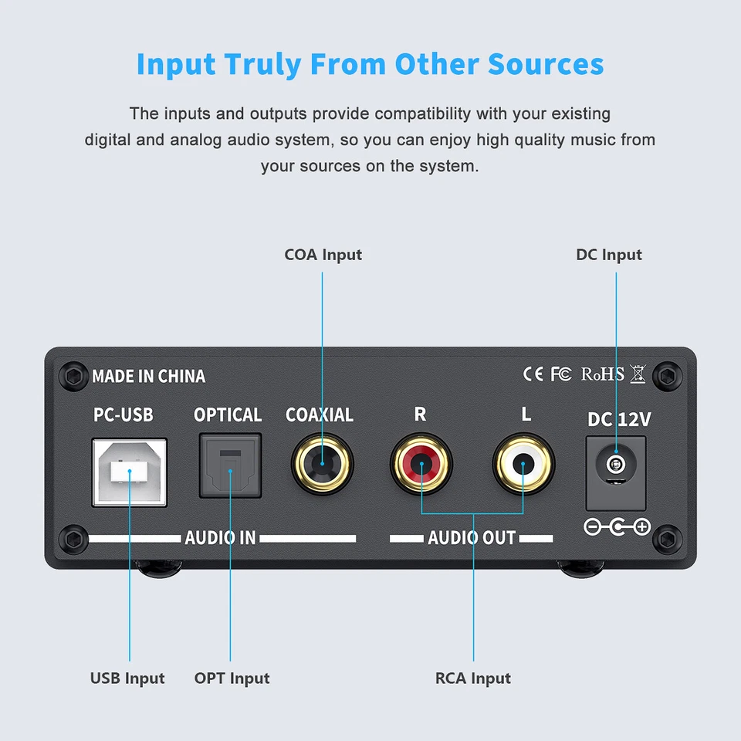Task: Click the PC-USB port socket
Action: pos(130,472)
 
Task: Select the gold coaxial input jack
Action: pos(322,465)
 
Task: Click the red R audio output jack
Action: pos(421,465)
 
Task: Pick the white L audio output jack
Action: pos(523,465)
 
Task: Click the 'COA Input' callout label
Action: pos(323,255)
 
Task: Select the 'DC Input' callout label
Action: pos(608,255)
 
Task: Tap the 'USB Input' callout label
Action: pos(127,678)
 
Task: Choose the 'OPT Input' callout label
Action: pos(232,678)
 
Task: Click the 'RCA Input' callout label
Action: pos(473,678)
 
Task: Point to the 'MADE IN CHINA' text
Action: pos(148,377)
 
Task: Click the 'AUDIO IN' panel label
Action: pos(220,537)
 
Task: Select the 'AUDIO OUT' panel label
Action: pos(472,537)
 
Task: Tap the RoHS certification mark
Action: pos(602,374)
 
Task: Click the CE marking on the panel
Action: pos(533,374)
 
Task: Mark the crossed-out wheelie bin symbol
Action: pos(638,374)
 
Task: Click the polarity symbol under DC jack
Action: pos(617,527)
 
